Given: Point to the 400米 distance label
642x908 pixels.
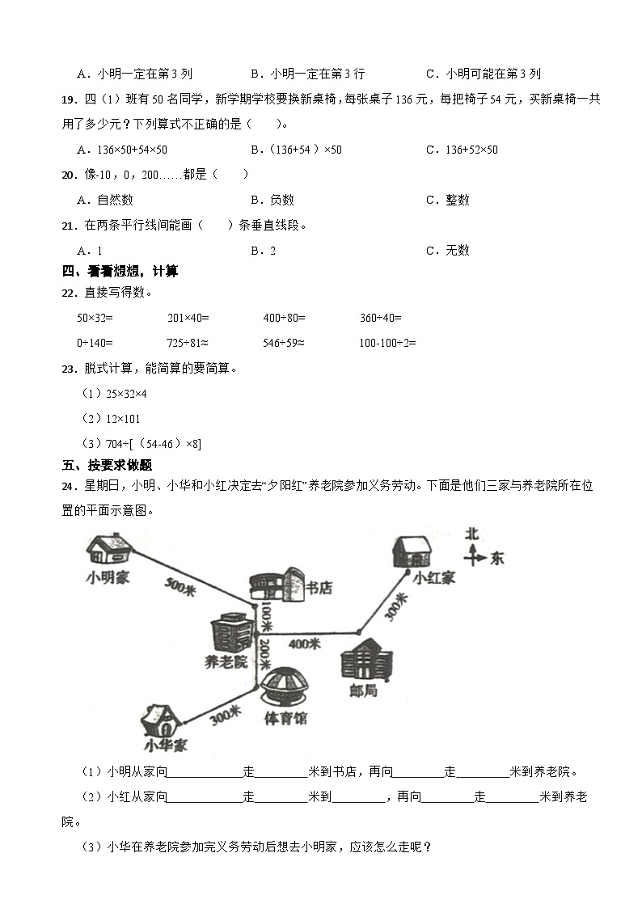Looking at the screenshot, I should pos(305,644).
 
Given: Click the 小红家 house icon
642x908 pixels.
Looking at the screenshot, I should pos(412,551).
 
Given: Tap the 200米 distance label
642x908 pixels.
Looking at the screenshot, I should pos(264,652).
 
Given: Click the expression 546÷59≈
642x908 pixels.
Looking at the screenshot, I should pos(284,343).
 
